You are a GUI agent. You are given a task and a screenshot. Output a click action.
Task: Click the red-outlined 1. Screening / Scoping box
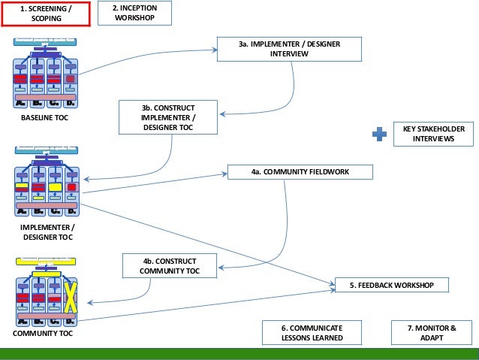(47, 14)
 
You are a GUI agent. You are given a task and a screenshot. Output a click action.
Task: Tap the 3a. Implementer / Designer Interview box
(288, 50)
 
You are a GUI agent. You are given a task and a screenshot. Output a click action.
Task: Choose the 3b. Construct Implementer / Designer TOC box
(167, 118)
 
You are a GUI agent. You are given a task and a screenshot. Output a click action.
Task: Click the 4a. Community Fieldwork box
(300, 172)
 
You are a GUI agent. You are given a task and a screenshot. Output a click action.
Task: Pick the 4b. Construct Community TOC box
(170, 266)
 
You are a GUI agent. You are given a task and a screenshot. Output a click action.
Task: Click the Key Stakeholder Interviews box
(433, 135)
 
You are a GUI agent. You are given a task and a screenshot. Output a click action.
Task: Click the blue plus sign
(381, 135)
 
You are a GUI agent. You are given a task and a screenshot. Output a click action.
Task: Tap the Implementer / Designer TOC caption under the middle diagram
(47, 231)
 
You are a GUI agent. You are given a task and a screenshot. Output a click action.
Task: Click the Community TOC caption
(43, 333)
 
